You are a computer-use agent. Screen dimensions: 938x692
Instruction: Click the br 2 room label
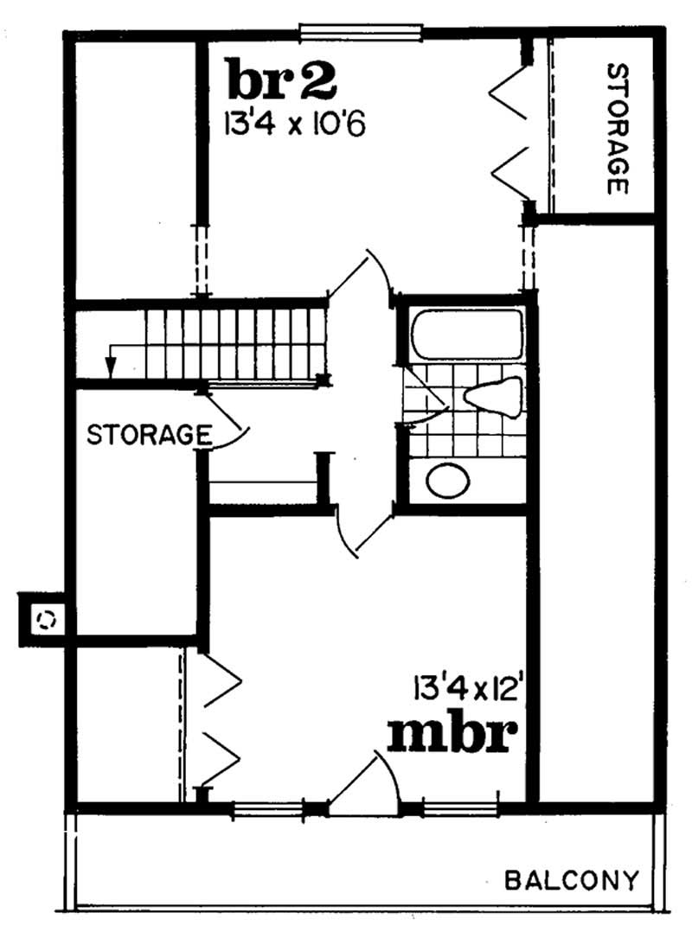point(280,80)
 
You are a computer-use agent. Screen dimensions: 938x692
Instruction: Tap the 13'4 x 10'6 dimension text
point(295,124)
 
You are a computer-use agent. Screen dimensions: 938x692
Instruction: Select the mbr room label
point(452,735)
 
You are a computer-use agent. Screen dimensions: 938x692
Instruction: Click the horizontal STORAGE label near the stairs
point(150,433)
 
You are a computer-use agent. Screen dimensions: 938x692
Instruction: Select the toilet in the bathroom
point(492,397)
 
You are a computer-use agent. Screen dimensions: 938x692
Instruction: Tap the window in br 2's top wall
point(361,33)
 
